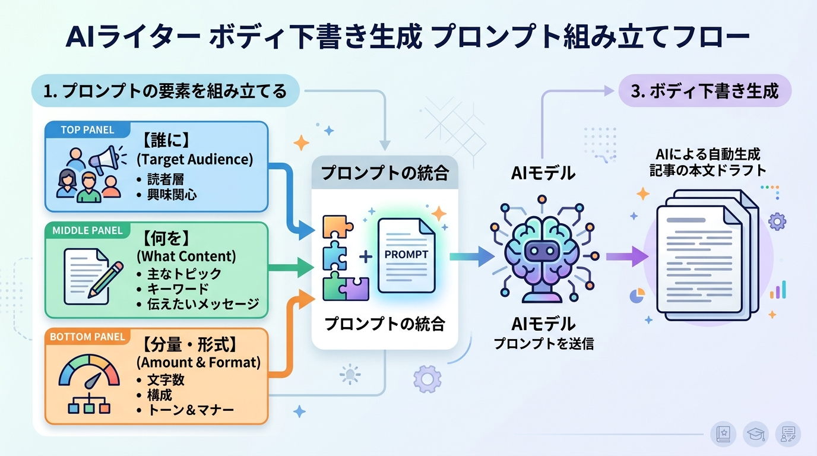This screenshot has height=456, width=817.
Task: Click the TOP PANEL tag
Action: pyautogui.click(x=87, y=129)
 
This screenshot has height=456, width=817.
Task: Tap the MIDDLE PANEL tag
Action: pyautogui.click(x=87, y=230)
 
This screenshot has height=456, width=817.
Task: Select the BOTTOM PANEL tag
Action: pyautogui.click(x=87, y=337)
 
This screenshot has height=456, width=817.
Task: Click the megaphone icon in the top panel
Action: pyautogui.click(x=105, y=159)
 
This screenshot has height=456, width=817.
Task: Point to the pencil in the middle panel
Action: pyautogui.click(x=106, y=279)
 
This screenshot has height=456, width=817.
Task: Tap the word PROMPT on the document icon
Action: pyautogui.click(x=406, y=254)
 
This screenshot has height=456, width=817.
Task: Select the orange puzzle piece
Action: pyautogui.click(x=337, y=226)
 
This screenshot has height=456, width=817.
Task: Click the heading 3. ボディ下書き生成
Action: pyautogui.click(x=705, y=91)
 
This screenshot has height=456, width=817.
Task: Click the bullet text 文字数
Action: pyautogui.click(x=166, y=379)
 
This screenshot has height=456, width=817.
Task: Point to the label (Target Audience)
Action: pyautogui.click(x=195, y=159)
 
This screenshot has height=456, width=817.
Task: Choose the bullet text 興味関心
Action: pyautogui.click(x=172, y=194)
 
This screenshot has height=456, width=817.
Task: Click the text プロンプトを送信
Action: pyautogui.click(x=543, y=343)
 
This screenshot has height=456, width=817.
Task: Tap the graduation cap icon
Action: pyautogui.click(x=756, y=434)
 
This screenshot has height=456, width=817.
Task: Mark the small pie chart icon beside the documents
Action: pyautogui.click(x=636, y=295)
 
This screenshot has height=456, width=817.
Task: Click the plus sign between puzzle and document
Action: pyautogui.click(x=366, y=256)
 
